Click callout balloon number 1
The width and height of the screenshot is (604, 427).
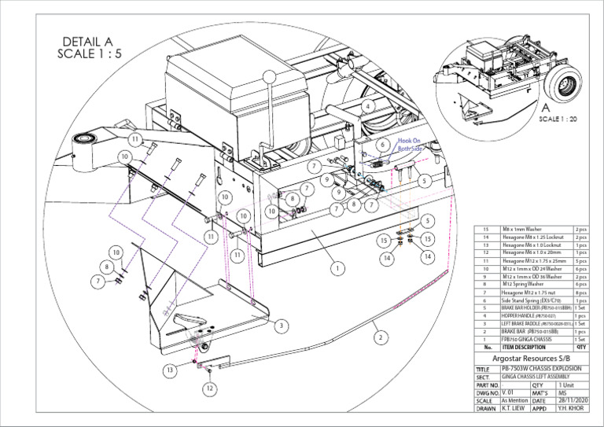click(337, 268)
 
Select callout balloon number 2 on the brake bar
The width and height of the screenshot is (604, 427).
click(381, 337)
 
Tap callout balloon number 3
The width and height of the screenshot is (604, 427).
click(280, 324)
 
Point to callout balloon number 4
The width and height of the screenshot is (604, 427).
click(368, 105)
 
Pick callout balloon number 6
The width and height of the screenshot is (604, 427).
click(382, 145)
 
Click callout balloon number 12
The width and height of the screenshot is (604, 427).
click(209, 388)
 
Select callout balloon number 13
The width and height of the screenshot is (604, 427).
click(170, 370)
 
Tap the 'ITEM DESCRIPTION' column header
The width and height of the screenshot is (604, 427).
click(524, 347)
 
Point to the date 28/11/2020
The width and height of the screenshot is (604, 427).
click(573, 399)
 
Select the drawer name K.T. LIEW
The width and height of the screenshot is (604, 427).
click(514, 409)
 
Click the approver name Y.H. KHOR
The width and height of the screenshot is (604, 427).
click(573, 409)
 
